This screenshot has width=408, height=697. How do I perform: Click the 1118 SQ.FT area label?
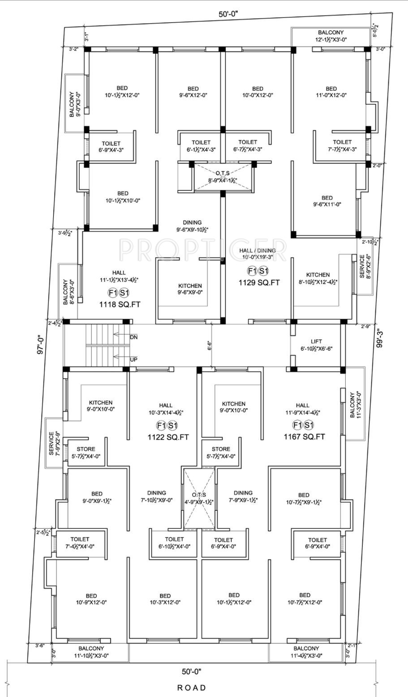[120, 304]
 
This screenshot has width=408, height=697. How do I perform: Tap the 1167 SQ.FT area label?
[304, 437]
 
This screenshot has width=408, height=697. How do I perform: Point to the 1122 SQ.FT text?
[168, 437]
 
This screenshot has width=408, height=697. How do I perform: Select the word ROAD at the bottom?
[192, 688]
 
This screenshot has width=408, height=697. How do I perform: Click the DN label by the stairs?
[133, 337]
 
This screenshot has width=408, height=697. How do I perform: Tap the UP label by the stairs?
[133, 359]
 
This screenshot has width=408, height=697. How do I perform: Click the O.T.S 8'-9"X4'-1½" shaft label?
[222, 177]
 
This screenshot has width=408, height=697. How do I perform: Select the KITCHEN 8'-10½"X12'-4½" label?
[318, 278]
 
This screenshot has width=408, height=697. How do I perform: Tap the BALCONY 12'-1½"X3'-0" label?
[331, 36]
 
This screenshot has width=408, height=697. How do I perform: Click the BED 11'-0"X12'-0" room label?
[331, 92]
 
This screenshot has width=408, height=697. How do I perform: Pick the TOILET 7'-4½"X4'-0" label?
[80, 543]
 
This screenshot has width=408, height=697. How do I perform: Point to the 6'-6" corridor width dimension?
[210, 346]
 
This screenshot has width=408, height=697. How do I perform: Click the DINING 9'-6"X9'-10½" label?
[192, 226]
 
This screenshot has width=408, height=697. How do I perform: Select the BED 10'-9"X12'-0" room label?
[91, 599]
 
